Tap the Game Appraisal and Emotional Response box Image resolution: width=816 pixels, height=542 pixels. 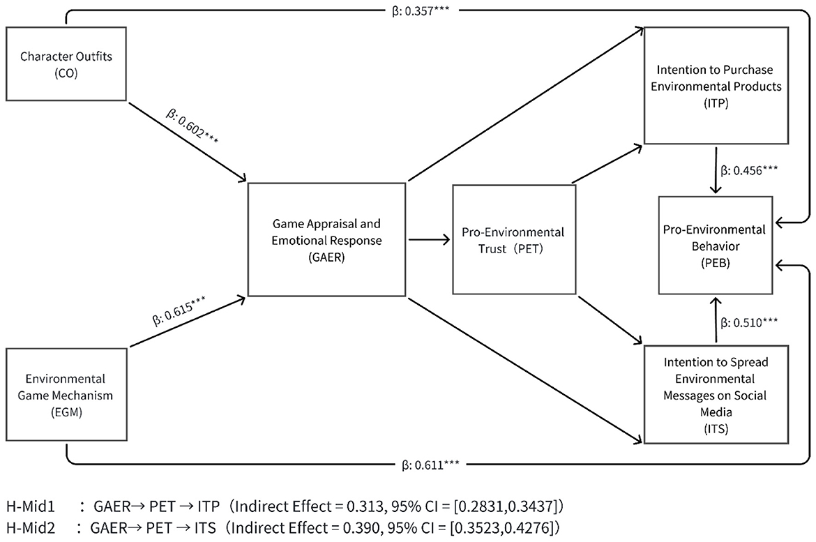click(x=327, y=239)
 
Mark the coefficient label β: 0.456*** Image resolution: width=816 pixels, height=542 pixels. click(x=750, y=170)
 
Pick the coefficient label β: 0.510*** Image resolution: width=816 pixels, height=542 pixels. click(x=750, y=322)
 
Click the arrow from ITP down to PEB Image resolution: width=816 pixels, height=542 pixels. click(x=714, y=170)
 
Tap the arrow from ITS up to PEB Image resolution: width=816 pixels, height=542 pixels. click(x=714, y=318)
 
